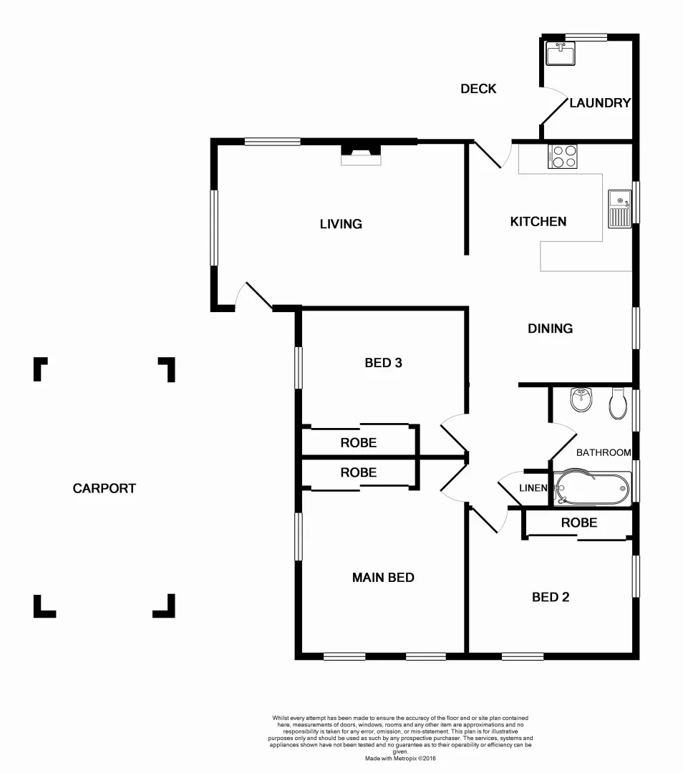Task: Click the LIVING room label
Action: (x=341, y=224)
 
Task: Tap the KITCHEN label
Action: (x=538, y=222)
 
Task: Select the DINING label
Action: (x=550, y=329)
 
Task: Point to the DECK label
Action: (x=478, y=89)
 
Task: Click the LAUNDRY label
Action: (x=600, y=103)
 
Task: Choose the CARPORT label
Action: (x=105, y=489)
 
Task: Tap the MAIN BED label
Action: (x=383, y=578)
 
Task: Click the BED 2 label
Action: (x=551, y=597)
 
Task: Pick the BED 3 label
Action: (x=383, y=363)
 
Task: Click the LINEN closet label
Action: (x=533, y=488)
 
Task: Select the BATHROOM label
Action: (x=604, y=452)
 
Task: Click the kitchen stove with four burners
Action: (x=562, y=156)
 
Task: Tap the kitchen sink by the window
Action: (x=619, y=208)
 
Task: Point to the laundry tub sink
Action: (x=561, y=54)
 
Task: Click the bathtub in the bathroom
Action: (x=594, y=488)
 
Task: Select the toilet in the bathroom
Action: (x=617, y=404)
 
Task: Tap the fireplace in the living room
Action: (x=361, y=154)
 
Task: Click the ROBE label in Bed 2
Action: (x=578, y=523)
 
